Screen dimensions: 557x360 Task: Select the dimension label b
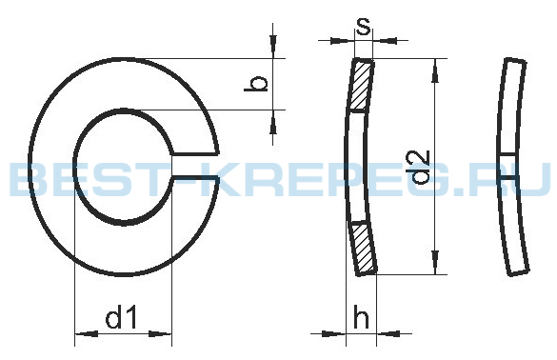point(256,83)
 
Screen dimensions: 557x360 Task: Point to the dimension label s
point(363,26)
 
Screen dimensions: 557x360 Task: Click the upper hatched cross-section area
point(362,86)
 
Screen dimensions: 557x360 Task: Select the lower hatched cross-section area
point(363,248)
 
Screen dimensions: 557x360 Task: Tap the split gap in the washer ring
point(195,166)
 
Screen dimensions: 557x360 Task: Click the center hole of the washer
point(123,167)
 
